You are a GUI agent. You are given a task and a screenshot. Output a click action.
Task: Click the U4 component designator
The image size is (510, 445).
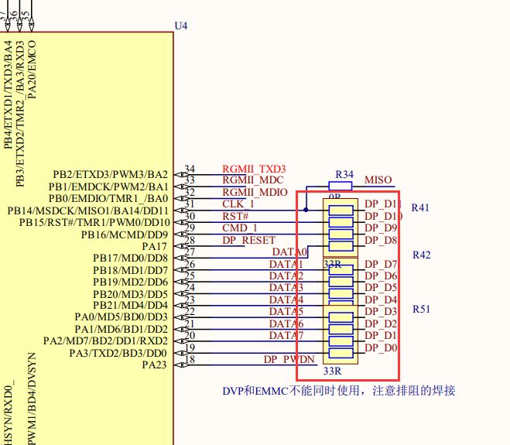[x=181, y=26]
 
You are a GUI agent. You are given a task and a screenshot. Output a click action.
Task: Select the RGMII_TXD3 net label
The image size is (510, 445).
[x=254, y=169]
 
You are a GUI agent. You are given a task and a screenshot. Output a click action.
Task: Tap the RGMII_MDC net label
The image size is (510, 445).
[x=252, y=180]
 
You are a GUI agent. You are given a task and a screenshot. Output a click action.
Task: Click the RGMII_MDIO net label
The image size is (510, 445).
[x=255, y=192]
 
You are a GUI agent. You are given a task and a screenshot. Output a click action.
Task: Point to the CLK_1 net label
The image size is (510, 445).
[x=238, y=204]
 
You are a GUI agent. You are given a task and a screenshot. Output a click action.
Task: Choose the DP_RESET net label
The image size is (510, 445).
[x=248, y=240]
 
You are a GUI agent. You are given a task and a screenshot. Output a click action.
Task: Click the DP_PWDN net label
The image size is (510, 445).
[x=289, y=359]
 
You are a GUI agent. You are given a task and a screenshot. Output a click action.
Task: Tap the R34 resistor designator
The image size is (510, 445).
[x=344, y=174]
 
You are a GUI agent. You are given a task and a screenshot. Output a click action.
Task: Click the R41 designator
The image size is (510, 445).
[x=420, y=207]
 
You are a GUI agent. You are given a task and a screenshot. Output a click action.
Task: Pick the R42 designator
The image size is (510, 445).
[x=421, y=255]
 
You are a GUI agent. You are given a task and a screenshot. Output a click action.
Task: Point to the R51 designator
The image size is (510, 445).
[x=421, y=308]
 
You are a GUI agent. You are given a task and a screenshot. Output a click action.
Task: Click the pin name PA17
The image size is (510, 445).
[x=155, y=246]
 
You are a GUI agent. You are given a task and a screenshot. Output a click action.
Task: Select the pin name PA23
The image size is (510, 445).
[x=155, y=365]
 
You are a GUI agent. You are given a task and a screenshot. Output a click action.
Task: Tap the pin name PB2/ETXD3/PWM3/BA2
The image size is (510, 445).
[x=110, y=174]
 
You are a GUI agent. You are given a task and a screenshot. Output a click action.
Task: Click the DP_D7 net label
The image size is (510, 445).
[x=381, y=264]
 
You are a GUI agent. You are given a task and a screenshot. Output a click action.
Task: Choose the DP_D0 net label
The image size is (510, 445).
[x=381, y=347]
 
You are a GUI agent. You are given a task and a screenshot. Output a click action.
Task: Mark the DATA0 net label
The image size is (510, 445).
[x=289, y=252]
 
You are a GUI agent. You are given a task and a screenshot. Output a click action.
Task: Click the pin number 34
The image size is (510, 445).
[x=190, y=169]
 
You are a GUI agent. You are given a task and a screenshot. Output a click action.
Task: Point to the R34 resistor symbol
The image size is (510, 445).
[x=341, y=186]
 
